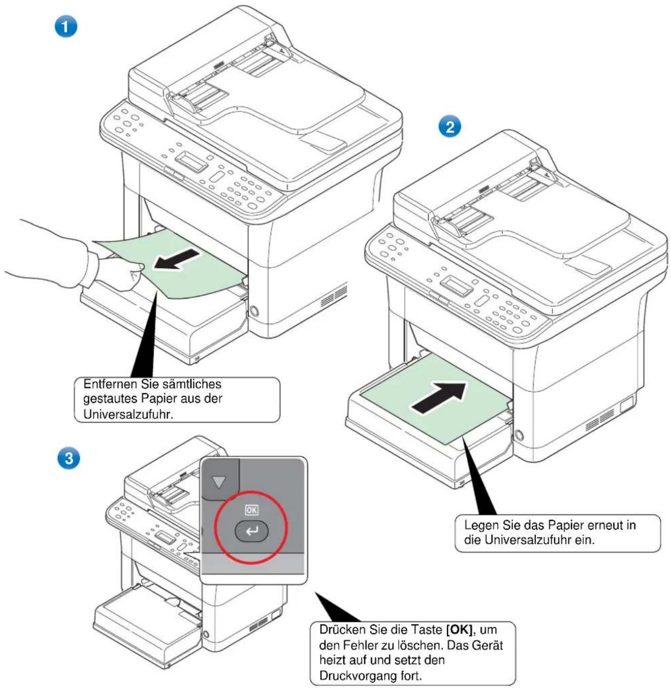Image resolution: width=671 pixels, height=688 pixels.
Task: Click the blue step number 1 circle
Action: tap(66, 27)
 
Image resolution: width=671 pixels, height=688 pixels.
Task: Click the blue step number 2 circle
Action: tap(449, 127)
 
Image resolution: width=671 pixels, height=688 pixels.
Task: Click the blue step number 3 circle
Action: tap(69, 459)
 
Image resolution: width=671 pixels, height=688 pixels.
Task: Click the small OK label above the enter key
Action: tap(251, 510)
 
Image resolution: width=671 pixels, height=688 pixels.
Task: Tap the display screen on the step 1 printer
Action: tap(192, 162)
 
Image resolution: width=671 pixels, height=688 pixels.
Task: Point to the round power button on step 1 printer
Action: tap(253, 312)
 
